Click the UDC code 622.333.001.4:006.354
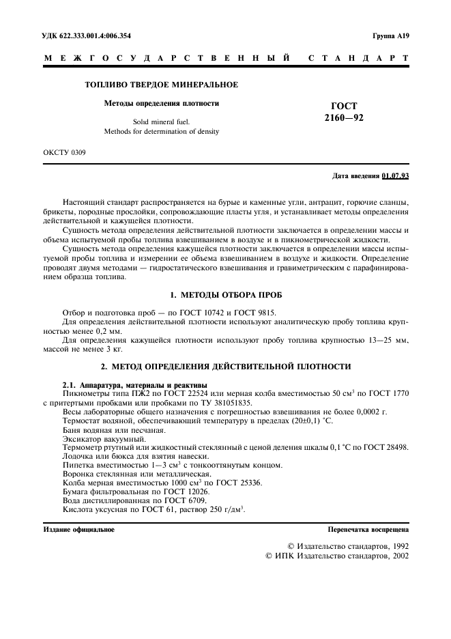tap(96, 35)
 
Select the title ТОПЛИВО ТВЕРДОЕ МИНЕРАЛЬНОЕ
tap(161, 85)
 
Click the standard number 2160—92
tap(344, 117)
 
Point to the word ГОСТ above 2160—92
tap(344, 106)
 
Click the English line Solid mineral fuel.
tap(161, 121)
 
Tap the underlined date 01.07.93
tap(395, 176)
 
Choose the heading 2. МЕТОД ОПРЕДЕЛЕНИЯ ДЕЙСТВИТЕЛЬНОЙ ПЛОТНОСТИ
tap(225, 367)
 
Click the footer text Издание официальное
tap(78, 530)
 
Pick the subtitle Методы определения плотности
tap(161, 103)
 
